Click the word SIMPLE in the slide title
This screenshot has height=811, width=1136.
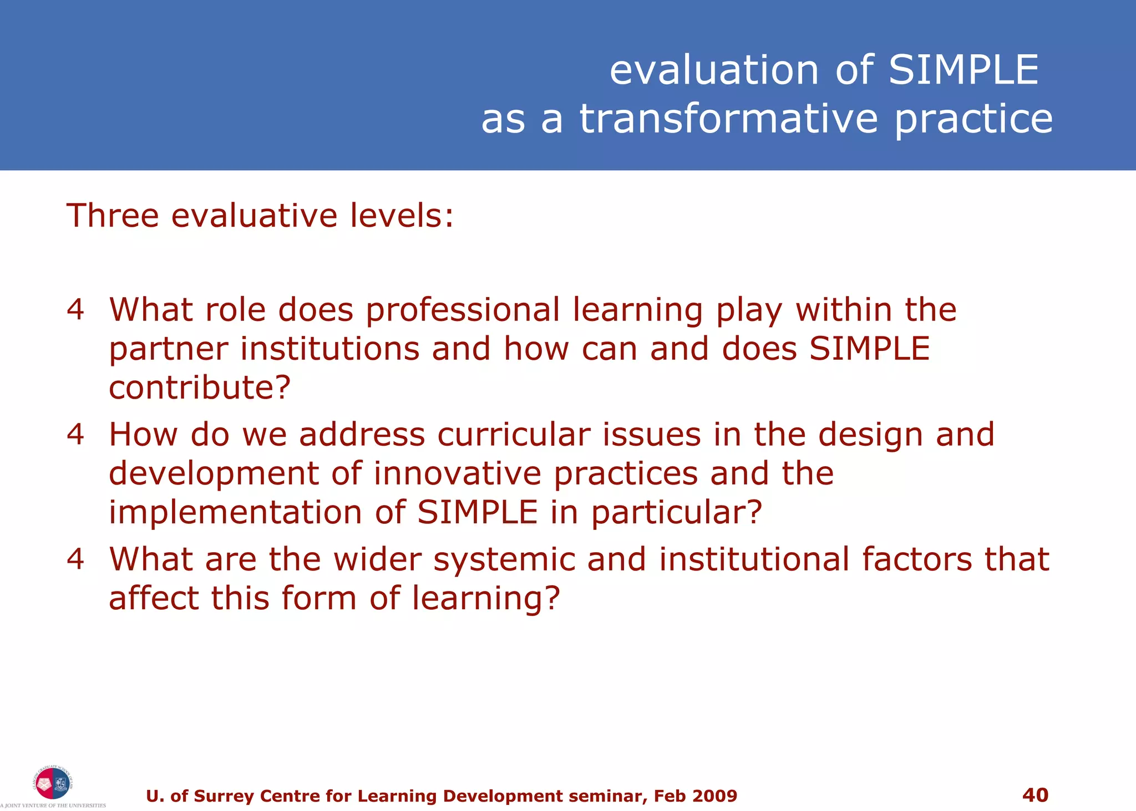(963, 70)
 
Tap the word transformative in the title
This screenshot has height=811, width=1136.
(729, 119)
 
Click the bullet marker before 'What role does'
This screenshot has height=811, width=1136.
(75, 309)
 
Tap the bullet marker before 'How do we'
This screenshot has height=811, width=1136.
(75, 434)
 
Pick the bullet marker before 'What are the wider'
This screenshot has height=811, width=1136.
(75, 559)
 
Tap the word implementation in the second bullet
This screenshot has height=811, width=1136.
(235, 512)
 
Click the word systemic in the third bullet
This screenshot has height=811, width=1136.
(504, 560)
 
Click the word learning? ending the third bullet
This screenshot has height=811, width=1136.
(486, 599)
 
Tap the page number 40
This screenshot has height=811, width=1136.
(1035, 795)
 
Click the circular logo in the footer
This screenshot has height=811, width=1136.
(52, 783)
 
